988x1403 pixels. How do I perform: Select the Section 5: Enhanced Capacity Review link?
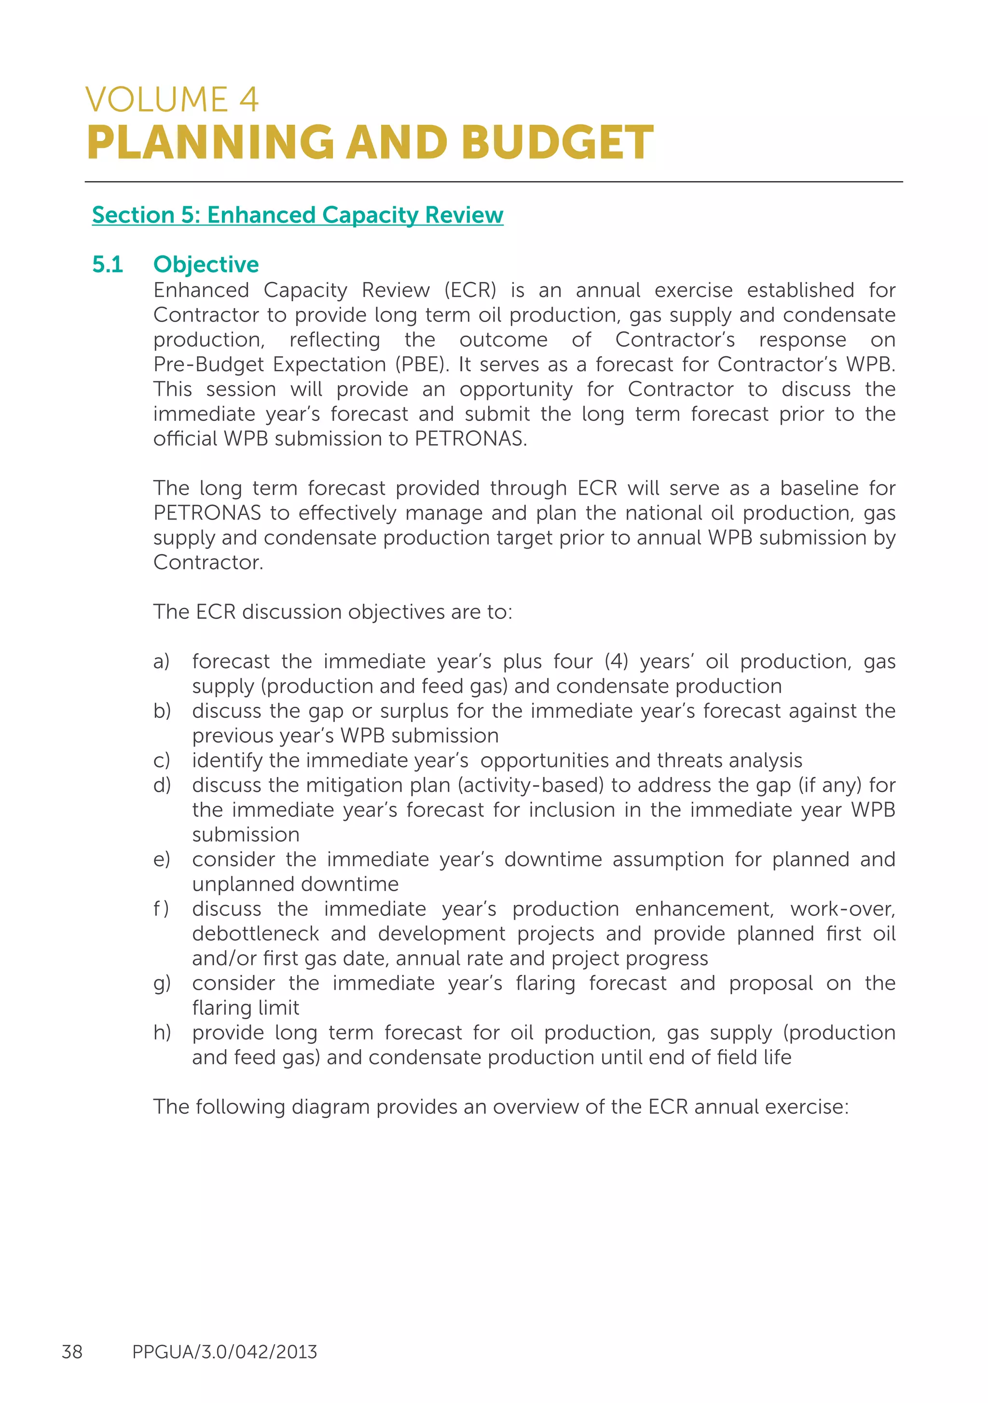297,215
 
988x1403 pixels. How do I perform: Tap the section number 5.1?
108,265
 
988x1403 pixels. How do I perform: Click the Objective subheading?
206,265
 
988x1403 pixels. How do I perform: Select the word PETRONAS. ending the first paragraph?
470,439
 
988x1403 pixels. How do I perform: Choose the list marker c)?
162,761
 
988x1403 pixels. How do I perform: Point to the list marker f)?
161,909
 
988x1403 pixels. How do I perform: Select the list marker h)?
162,1033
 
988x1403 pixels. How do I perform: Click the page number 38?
72,1352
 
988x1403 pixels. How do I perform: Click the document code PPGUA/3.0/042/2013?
225,1352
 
